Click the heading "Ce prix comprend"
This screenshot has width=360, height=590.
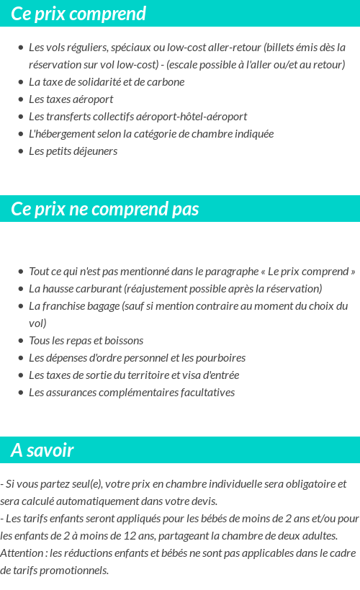point(78,14)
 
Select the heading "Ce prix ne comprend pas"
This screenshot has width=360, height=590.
point(105,209)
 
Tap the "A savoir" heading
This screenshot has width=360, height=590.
point(42,450)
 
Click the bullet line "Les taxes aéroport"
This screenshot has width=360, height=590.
point(71,99)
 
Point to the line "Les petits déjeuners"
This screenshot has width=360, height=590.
point(73,151)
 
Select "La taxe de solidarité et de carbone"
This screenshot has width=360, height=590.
point(107,82)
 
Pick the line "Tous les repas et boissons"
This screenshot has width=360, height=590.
point(86,341)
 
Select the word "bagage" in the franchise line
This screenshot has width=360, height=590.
point(108,306)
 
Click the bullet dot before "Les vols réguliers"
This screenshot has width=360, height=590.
point(20,48)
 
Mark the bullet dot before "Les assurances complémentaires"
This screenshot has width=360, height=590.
point(20,393)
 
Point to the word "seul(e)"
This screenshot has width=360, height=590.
point(79,484)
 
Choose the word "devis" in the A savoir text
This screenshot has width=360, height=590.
point(202,501)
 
